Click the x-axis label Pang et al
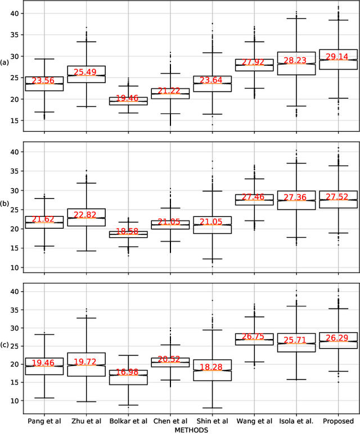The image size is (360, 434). click(x=44, y=421)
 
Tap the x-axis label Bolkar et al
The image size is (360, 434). click(x=128, y=421)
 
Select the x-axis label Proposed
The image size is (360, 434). click(x=338, y=421)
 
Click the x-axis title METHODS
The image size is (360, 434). click(x=191, y=430)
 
